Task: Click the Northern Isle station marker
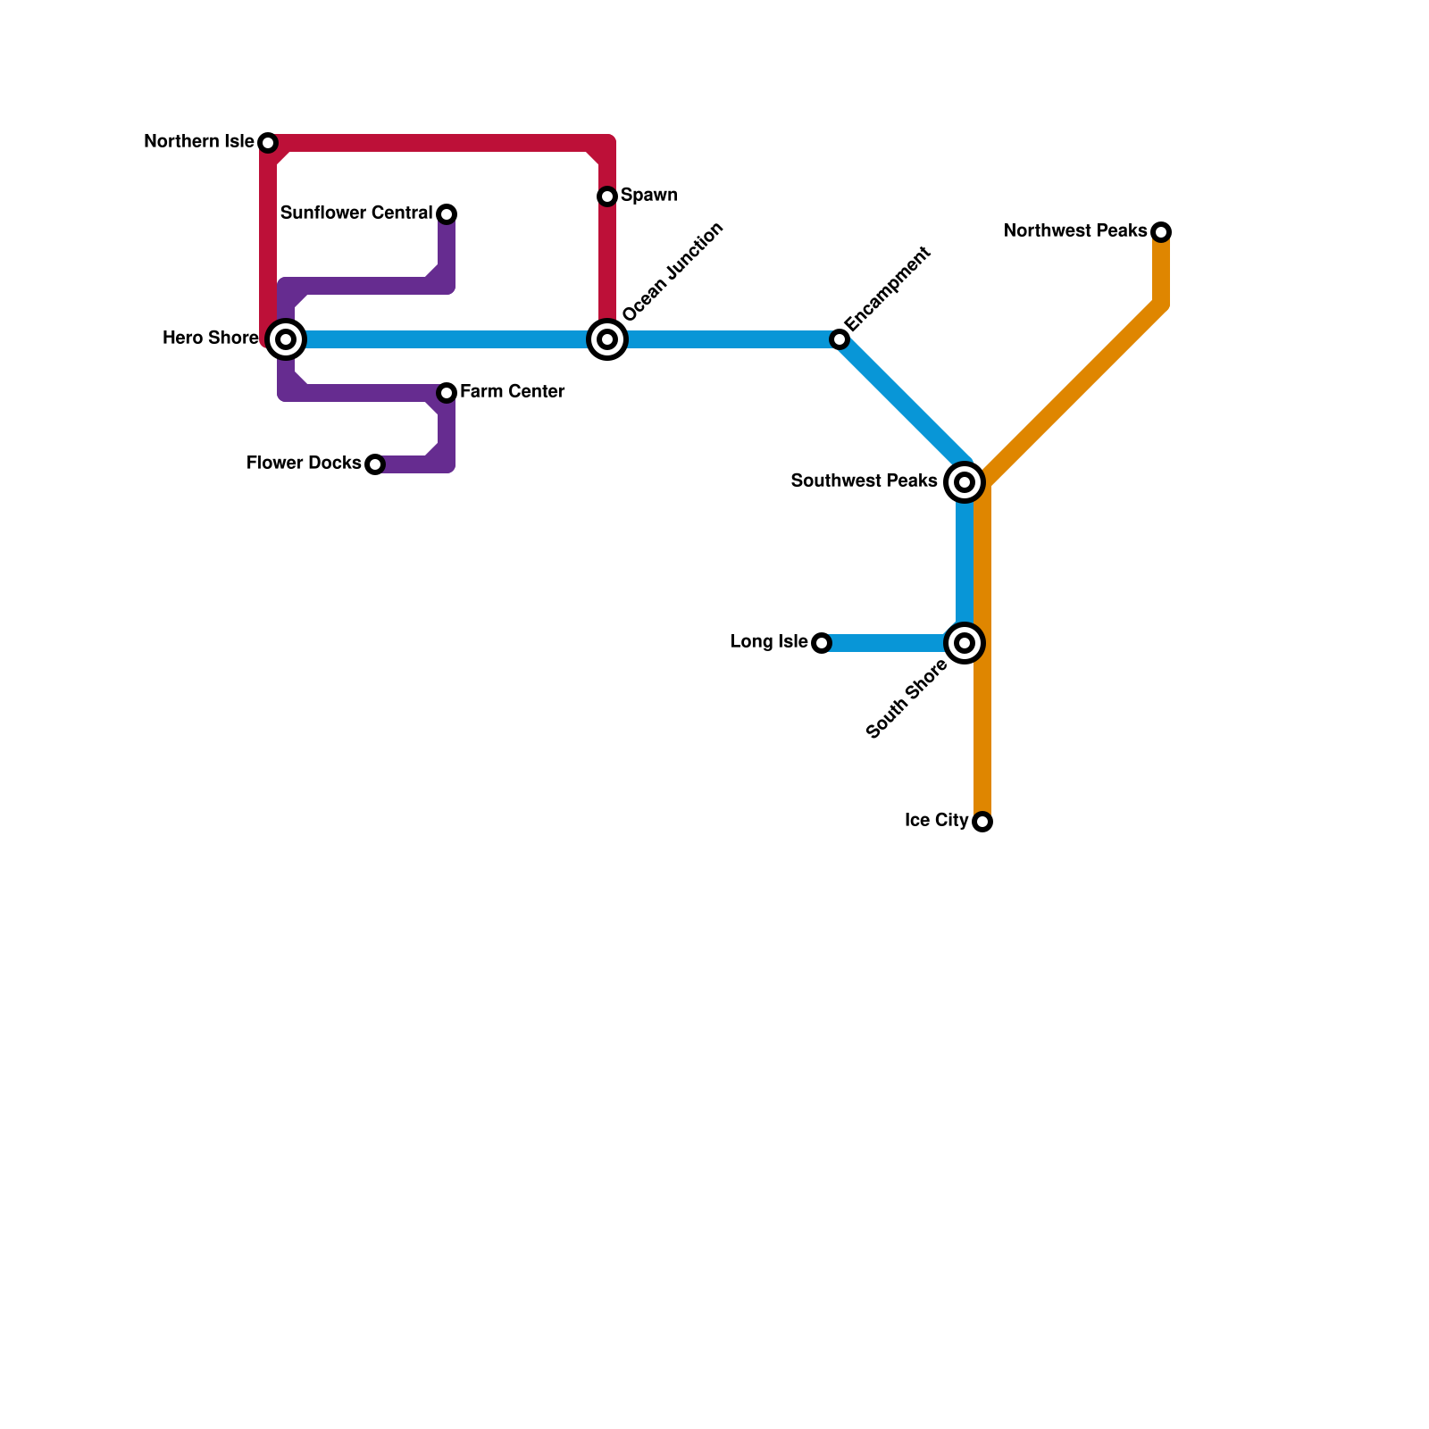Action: [268, 143]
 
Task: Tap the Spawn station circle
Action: [607, 196]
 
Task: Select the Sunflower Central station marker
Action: [447, 214]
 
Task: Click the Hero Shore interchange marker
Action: [286, 339]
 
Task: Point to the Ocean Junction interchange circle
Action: [607, 339]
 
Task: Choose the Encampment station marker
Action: [840, 339]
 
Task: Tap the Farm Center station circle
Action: [447, 393]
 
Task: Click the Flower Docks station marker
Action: [375, 464]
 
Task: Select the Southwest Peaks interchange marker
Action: [965, 482]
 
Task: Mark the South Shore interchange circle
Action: [965, 643]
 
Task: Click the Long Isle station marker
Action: [822, 643]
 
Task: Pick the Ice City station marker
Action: [982, 822]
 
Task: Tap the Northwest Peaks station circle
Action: [1161, 232]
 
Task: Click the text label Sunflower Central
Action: [356, 213]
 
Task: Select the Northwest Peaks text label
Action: [1075, 231]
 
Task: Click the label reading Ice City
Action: [936, 821]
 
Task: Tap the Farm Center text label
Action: [512, 392]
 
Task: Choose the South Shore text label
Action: [907, 699]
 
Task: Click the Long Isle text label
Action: [769, 642]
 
